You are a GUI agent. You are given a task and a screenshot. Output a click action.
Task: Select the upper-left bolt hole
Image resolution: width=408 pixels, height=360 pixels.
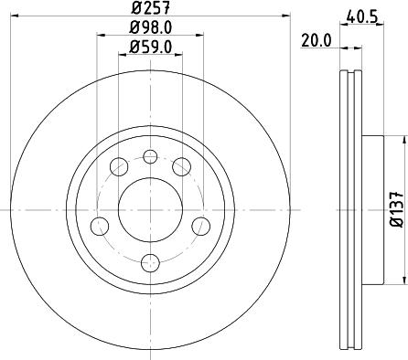point(119,166)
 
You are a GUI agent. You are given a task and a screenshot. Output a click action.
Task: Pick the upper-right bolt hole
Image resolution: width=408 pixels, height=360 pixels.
point(183,166)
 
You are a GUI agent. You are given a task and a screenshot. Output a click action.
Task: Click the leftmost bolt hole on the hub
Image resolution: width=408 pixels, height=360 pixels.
point(101,225)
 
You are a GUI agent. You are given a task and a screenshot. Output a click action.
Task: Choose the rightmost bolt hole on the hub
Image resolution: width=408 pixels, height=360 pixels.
point(201,225)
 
